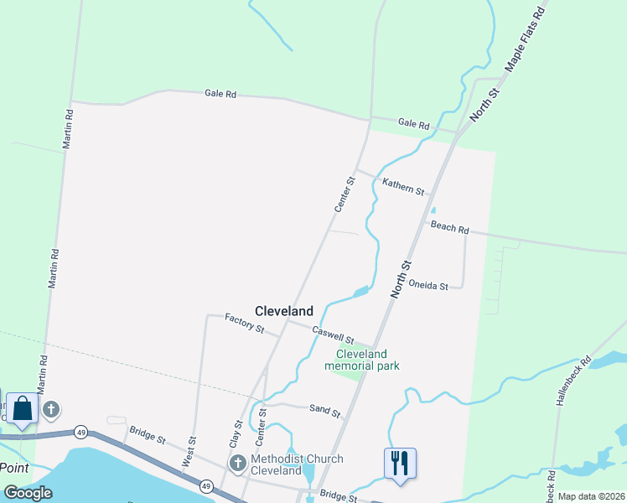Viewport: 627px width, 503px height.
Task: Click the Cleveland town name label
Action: [x=284, y=310]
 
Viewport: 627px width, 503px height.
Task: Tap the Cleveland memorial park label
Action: [x=362, y=360]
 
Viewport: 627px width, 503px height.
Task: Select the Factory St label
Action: [x=244, y=323]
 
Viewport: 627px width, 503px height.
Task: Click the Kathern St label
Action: [x=403, y=186]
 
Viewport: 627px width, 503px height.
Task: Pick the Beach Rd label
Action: [x=449, y=226]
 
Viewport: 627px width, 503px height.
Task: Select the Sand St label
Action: [x=324, y=412]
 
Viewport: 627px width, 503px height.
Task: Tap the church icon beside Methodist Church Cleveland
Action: [x=237, y=463]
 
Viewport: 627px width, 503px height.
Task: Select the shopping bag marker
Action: [x=22, y=410]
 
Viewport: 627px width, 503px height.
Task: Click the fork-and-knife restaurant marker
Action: [x=400, y=462]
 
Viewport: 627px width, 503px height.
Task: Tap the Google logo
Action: [x=28, y=493]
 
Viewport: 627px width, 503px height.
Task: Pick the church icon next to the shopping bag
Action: [x=51, y=410]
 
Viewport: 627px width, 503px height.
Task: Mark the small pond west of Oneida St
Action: [x=360, y=292]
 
